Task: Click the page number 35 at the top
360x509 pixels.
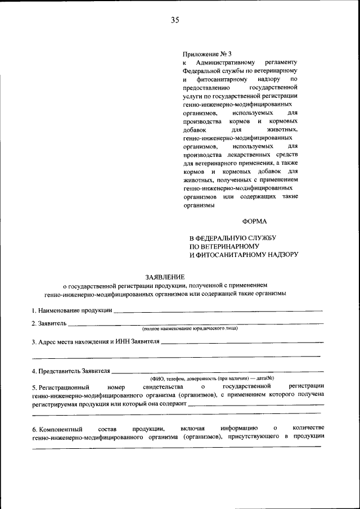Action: (175, 20)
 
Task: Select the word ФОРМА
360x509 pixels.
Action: (254, 222)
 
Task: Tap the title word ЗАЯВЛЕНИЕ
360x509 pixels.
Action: (165, 277)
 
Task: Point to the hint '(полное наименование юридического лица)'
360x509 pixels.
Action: (190, 329)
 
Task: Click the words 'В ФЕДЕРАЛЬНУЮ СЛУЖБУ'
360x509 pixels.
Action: (232, 238)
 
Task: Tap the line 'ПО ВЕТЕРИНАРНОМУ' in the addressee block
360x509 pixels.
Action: (224, 246)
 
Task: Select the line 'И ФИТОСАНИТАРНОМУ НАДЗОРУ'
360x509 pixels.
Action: (243, 255)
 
